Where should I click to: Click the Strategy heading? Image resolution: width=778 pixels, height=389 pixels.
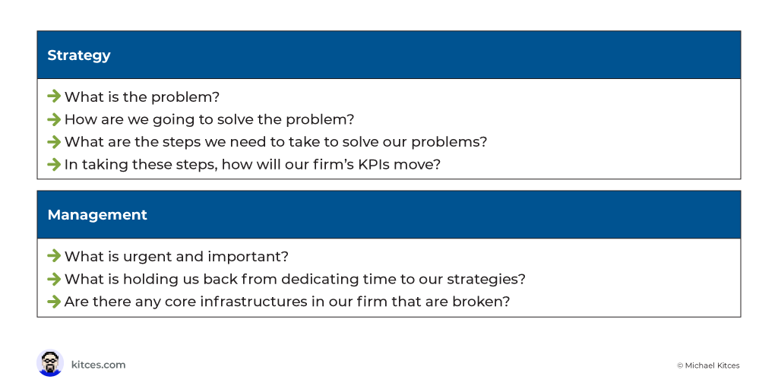[x=79, y=55]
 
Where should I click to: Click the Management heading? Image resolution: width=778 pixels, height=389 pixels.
[x=97, y=215]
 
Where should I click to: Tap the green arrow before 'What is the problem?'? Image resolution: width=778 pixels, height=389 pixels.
[x=54, y=96]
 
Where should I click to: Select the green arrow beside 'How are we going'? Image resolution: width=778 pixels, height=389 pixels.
[x=54, y=119]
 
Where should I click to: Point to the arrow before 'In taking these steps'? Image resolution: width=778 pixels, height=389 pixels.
[x=54, y=164]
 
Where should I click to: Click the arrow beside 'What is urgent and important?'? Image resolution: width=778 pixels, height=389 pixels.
[x=54, y=257]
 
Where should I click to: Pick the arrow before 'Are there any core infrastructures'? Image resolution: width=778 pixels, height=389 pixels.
[x=54, y=302]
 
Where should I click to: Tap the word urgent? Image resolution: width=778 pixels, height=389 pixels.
[x=146, y=257]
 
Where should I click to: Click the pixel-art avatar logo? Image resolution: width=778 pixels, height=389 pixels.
[x=50, y=363]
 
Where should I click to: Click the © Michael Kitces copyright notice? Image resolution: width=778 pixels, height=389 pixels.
[x=708, y=365]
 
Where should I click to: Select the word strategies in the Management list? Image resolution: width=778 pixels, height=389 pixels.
[x=486, y=280]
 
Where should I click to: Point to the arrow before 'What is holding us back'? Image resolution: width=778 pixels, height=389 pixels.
[x=54, y=280]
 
